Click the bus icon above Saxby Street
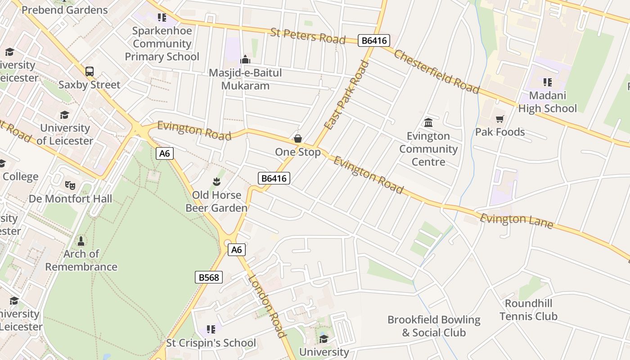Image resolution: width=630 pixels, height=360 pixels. point(90,71)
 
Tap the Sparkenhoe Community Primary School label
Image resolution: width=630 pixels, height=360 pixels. point(162,44)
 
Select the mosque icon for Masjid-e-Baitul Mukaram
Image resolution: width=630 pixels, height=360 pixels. point(245,59)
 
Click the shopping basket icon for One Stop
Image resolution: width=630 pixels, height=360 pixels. point(297,139)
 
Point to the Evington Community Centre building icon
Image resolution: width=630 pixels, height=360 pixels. point(428,122)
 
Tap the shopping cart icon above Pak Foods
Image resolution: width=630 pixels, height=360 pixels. point(499,119)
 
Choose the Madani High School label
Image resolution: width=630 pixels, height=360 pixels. point(547,102)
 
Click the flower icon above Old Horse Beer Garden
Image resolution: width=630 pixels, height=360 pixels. point(216,182)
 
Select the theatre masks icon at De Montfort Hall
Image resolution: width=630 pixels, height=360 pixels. point(70,185)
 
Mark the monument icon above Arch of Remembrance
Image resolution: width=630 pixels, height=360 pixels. point(81,241)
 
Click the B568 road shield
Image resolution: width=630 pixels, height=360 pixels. point(209,277)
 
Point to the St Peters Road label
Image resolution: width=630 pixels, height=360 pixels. point(308,36)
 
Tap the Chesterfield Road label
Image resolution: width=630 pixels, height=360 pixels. point(436,71)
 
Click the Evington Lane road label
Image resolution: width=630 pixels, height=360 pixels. point(516,221)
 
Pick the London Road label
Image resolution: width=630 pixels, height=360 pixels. point(267,306)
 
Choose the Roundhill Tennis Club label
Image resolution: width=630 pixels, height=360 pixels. point(528,310)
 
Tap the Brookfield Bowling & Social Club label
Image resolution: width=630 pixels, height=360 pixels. point(434,326)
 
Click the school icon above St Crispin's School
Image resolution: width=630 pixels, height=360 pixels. point(211,329)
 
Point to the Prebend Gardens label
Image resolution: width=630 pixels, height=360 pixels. point(65,9)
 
